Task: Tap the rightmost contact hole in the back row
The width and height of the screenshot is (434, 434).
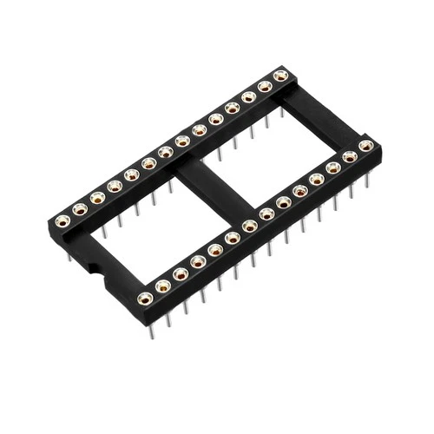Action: pos(280,76)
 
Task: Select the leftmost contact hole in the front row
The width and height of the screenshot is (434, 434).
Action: pos(145,299)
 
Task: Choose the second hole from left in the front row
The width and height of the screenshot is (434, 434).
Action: pos(163,286)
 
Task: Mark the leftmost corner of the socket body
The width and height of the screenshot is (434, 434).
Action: pos(47,222)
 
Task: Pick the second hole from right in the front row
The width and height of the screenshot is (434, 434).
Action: pos(350,157)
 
